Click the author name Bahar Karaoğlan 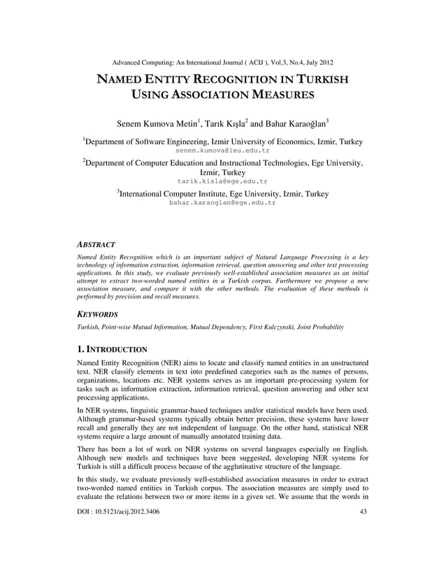point(290,124)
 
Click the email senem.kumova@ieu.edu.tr point(222,150)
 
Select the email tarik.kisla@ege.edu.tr point(222,181)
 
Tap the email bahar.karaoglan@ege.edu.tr point(222,203)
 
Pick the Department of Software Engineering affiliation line point(222,141)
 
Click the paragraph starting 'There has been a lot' point(222,456)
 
